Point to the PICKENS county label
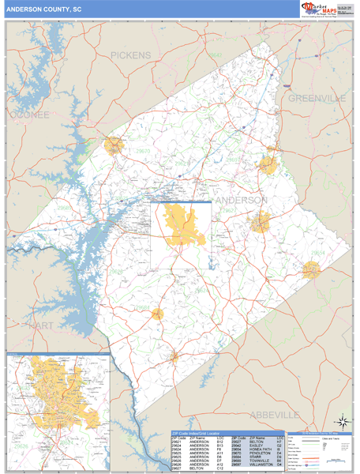click(130, 55)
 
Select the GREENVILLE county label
click(317, 98)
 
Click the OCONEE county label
click(29, 115)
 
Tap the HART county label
click(39, 325)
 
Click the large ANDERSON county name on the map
click(241, 200)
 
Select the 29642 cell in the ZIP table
click(234, 445)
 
